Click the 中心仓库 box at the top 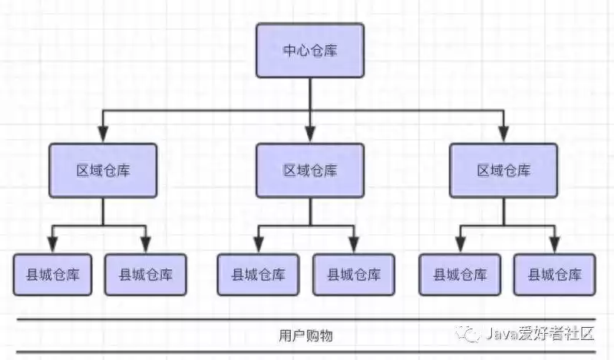coord(309,51)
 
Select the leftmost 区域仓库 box coord(104,170)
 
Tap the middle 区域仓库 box coord(309,170)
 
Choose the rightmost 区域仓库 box coord(503,170)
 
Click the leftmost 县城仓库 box coord(52,274)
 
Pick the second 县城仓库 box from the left coord(145,274)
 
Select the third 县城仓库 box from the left coord(258,274)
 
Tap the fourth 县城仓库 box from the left coord(353,274)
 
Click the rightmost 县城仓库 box coord(554,274)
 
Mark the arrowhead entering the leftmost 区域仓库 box coord(104,135)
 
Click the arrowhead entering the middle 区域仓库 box coord(309,135)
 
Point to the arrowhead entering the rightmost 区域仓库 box coord(503,135)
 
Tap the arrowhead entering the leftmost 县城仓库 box coord(52,246)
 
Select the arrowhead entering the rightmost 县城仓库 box coord(554,246)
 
